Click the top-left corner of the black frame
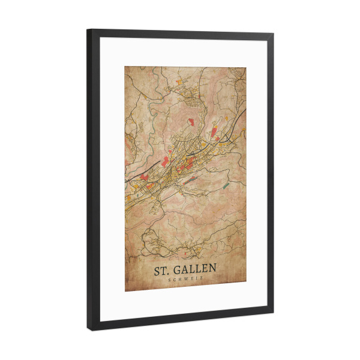(x=88, y=29)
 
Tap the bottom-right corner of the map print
(x=246, y=287)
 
